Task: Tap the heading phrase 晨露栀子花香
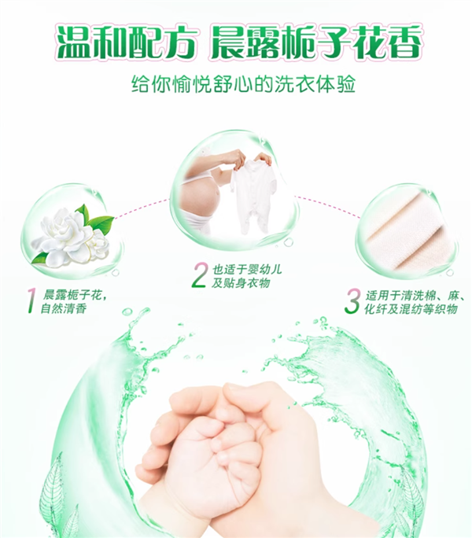coord(316,42)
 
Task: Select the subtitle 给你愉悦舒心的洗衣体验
coord(243,84)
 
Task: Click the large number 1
coord(31,300)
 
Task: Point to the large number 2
coord(200,275)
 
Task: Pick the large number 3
coord(352,301)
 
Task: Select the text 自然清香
coord(63,308)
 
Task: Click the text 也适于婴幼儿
coord(246,269)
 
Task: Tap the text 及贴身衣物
coord(241,283)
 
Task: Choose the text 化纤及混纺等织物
coord(411,309)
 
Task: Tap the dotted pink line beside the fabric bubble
coord(327,207)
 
